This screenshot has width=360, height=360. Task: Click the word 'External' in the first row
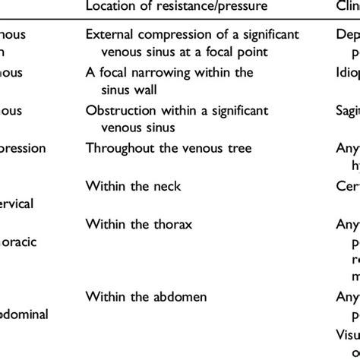[109, 36]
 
